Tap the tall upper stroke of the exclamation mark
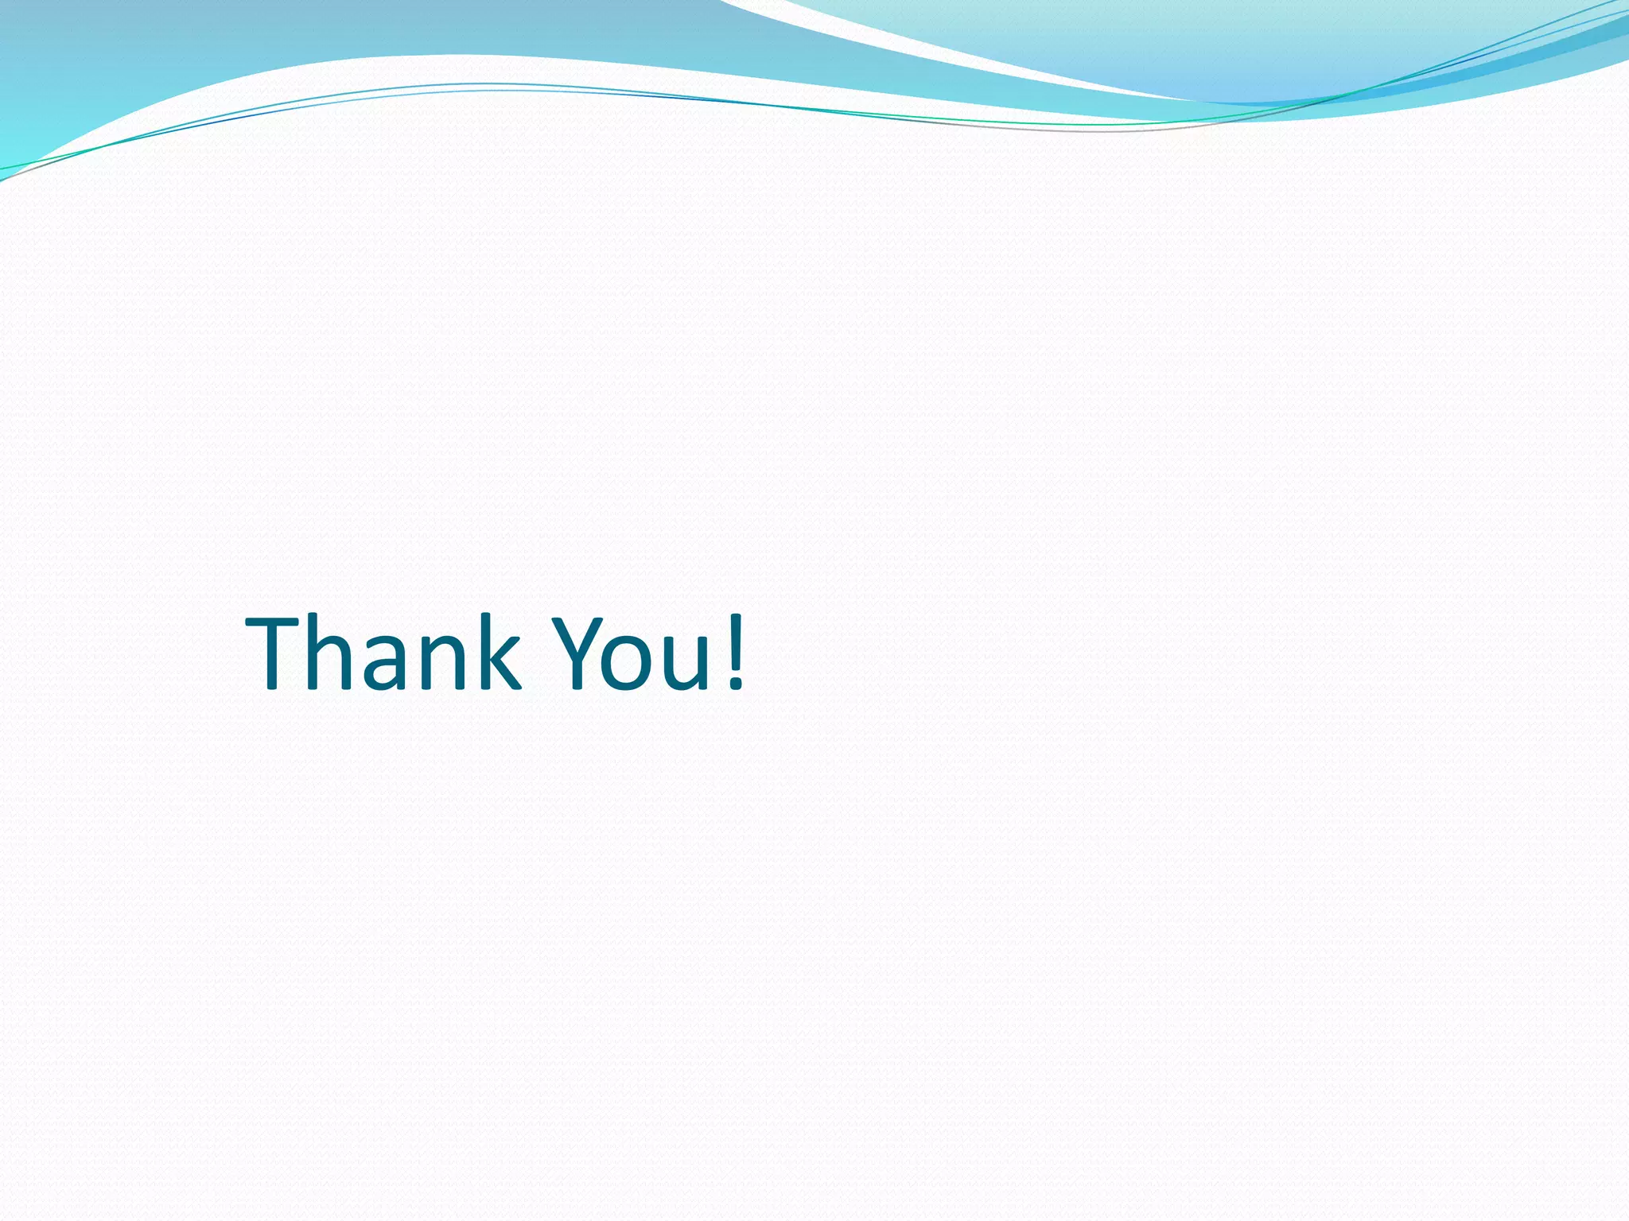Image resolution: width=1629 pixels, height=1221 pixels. click(737, 640)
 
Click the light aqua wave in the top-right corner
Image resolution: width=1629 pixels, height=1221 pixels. click(1193, 40)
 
